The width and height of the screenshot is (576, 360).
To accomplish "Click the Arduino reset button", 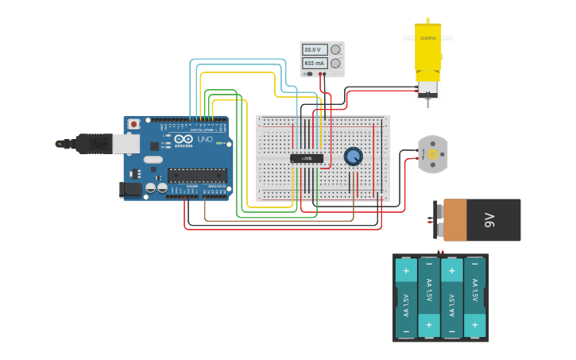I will pos(134,124).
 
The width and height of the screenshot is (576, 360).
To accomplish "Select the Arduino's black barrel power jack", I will pos(130,189).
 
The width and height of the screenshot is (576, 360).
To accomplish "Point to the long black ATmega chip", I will pos(196,176).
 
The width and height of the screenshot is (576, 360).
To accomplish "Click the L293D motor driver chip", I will pos(307,158).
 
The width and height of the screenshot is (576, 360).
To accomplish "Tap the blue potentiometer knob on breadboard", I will pos(354,157).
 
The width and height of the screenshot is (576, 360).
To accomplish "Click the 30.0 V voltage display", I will pos(315,49).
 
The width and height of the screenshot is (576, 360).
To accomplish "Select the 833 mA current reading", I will pos(315,63).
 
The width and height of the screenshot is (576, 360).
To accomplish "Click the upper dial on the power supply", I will pos(336,49).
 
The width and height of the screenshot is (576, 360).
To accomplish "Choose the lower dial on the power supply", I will pos(336,63).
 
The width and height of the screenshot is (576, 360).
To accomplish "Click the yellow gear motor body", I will pos(427,52).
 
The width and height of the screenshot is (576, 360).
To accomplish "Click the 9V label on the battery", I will pos(490,220).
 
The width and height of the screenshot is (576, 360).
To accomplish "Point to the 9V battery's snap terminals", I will pos(437,220).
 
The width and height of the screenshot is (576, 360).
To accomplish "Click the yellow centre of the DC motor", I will pos(433,154).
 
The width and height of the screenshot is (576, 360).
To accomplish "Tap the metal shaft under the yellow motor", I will pos(427,102).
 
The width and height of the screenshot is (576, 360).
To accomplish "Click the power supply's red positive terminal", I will pos(321,74).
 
